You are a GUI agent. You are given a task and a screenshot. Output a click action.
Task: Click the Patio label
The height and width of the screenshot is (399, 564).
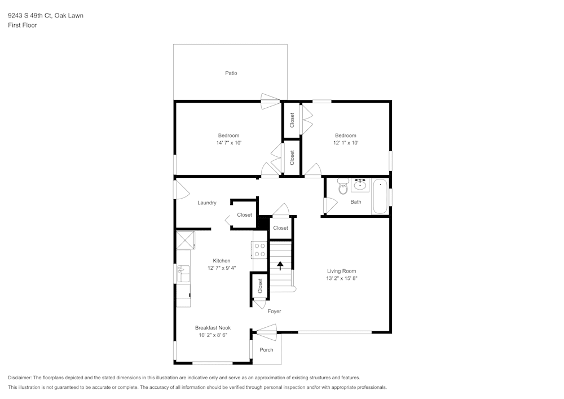pos(231,73)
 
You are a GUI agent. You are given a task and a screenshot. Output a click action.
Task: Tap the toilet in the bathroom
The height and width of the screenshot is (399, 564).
pos(343,187)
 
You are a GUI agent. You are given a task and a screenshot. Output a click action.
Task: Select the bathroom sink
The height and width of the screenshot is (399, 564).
pos(360,185)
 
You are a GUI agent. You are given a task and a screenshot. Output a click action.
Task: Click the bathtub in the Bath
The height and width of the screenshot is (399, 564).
pos(380,196)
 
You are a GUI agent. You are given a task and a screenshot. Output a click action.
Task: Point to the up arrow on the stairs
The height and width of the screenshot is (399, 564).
pos(280,265)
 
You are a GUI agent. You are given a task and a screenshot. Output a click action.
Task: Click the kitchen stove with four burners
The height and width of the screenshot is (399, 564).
pos(259,249)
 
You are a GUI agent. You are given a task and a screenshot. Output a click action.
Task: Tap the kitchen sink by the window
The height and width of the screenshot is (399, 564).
pos(183,274)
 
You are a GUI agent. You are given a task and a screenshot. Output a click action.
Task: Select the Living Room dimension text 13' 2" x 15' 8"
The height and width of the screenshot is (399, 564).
pos(342,278)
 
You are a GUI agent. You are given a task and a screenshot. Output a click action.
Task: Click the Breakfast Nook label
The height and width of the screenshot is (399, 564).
pos(213,328)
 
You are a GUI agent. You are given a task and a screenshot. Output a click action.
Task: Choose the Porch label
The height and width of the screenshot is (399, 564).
pos(266,350)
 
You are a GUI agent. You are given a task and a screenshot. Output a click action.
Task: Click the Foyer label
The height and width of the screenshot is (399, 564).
pos(274,311)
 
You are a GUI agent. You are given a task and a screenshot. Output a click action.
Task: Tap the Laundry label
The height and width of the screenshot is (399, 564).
pos(206,203)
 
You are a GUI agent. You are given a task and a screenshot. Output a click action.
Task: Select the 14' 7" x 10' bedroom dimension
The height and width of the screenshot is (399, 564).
pos(228,143)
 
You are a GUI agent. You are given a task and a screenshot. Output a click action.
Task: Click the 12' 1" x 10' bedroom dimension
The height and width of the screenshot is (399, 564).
pos(345,143)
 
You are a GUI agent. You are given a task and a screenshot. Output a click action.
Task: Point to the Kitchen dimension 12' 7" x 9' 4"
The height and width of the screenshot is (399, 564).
pos(221,268)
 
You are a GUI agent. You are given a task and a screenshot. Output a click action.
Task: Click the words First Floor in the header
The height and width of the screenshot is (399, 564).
pos(23,25)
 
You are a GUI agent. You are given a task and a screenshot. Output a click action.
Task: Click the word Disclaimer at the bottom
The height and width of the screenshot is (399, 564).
pos(20,378)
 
